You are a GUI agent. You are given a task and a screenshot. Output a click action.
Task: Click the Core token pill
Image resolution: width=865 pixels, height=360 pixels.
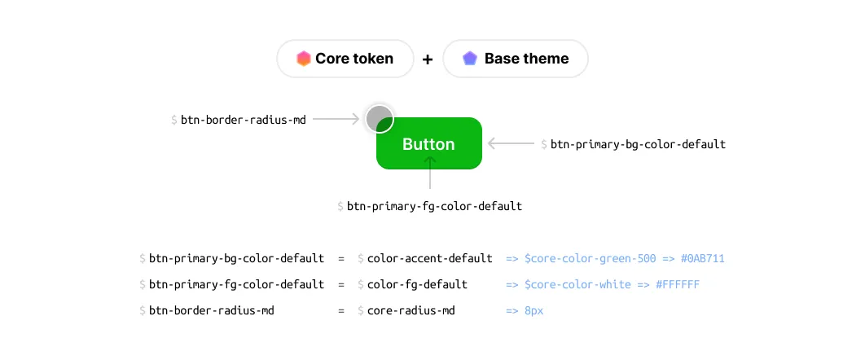[x=345, y=59]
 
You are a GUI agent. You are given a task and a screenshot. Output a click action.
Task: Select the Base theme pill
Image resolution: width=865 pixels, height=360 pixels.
[x=515, y=59]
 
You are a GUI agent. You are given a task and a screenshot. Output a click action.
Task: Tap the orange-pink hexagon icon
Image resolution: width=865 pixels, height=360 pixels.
[x=303, y=59]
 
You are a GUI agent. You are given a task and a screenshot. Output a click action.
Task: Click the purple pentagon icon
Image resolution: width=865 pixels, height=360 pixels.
[x=469, y=59]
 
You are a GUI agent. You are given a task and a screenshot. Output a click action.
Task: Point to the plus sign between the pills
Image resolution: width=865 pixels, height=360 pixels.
[x=428, y=59]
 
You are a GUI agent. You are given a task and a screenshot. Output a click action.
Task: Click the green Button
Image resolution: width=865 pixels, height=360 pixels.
[x=429, y=144]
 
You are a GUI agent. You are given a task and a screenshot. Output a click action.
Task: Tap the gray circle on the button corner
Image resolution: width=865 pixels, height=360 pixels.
[x=379, y=119]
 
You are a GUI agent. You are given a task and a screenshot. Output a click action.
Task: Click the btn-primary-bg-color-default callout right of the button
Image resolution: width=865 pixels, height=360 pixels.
[x=637, y=144]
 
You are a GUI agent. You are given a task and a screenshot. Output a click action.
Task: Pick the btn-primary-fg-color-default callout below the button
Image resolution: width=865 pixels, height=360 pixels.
[x=434, y=206]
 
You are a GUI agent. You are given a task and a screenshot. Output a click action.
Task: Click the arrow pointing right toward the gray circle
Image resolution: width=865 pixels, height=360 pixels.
[x=336, y=120]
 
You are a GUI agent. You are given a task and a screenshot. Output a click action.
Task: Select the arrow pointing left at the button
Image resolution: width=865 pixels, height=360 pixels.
[x=512, y=144]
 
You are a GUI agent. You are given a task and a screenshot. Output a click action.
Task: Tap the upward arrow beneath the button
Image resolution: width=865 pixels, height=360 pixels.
[x=430, y=173]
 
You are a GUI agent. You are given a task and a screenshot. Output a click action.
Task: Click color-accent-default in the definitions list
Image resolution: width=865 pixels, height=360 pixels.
[x=429, y=258]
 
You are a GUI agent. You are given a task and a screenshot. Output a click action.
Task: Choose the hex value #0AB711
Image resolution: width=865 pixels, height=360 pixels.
[x=701, y=258]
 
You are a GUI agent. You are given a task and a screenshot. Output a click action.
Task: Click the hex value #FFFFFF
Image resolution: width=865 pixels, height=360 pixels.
[x=676, y=284]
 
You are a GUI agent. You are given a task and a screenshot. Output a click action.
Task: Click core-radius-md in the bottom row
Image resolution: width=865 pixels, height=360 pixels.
[x=411, y=310]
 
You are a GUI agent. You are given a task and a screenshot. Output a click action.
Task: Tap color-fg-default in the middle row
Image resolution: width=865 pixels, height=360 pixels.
[x=417, y=284]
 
